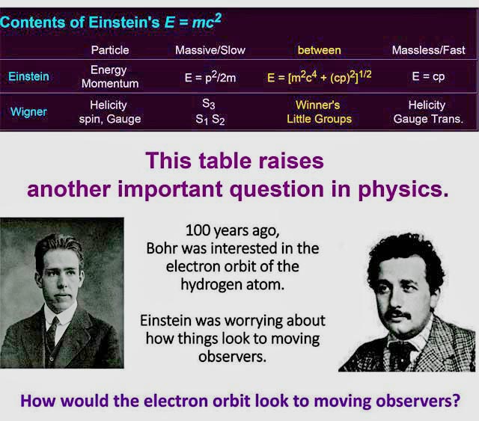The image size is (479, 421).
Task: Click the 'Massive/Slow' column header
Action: pos(210,50)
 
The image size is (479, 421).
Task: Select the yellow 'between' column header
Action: pos(320,50)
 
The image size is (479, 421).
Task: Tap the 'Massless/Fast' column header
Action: pos(429,50)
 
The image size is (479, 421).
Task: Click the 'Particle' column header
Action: pos(110,50)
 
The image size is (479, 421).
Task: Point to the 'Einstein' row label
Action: pos(28,76)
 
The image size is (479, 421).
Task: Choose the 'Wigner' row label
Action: pos(28,111)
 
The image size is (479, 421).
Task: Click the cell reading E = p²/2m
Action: pos(210,77)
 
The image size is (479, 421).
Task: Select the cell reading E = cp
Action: pos(428,76)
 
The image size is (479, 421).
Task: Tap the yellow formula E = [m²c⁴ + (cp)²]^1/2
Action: pos(320,76)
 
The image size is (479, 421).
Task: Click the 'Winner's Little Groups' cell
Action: pos(320,111)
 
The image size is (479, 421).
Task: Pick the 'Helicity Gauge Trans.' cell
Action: pos(428,111)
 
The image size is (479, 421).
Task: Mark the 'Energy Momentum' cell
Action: pos(110,76)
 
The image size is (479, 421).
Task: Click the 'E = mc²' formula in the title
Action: pos(193,21)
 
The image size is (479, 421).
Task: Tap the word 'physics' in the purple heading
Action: pos(400,190)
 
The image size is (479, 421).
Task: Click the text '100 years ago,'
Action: pos(233,230)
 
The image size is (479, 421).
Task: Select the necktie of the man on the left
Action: pos(52,331)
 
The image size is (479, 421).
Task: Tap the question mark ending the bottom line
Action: pos(456,401)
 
